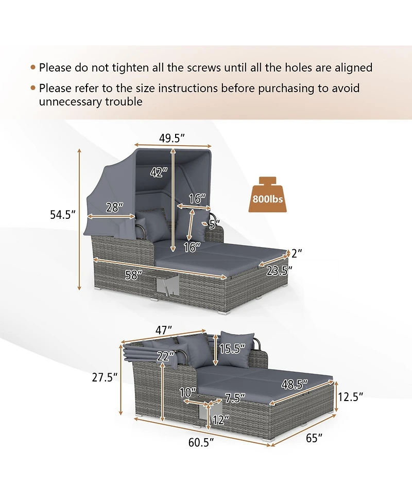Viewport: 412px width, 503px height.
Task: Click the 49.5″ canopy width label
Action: click(173, 138)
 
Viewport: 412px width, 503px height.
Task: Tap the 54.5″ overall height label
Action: click(62, 214)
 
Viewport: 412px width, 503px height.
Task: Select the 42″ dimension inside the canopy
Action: click(159, 172)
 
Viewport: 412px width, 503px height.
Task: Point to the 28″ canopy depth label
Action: click(114, 207)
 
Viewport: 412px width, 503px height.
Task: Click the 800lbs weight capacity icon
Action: click(267, 195)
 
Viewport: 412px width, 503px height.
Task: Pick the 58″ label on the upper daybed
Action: click(133, 274)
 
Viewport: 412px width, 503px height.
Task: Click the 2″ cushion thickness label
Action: click(297, 253)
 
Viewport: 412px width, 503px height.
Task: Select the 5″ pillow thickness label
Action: click(214, 224)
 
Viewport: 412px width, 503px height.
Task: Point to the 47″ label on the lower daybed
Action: click(163, 330)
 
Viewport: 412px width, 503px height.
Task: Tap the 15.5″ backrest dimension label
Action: click(232, 349)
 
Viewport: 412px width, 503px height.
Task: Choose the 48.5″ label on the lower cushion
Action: click(295, 384)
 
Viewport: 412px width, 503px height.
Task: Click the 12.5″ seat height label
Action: click(350, 397)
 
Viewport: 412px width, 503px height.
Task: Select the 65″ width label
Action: click(314, 438)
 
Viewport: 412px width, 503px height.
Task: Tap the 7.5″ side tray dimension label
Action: click(235, 398)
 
